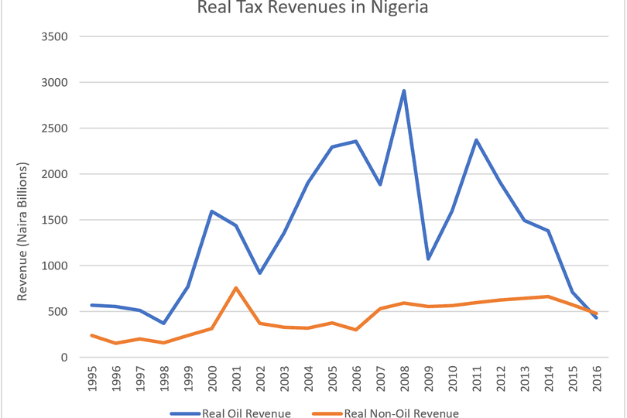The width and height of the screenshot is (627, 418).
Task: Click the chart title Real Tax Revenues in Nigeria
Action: [x=313, y=9]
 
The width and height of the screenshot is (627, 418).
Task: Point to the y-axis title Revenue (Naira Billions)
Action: [x=22, y=231]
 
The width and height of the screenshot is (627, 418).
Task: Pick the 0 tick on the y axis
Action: [x=64, y=358]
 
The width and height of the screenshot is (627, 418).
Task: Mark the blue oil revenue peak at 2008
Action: [x=404, y=91]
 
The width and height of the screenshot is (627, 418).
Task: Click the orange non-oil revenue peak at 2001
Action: [x=236, y=288]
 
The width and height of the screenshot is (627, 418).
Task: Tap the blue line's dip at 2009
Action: [x=428, y=259]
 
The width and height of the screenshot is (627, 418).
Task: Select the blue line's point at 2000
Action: [x=212, y=211]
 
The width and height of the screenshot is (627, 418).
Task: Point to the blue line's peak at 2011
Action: [x=476, y=140]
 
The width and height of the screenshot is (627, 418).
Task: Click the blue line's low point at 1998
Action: [x=164, y=323]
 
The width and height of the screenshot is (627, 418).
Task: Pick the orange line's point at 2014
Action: [x=548, y=296]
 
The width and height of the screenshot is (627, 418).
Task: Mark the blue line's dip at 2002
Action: [x=260, y=273]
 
